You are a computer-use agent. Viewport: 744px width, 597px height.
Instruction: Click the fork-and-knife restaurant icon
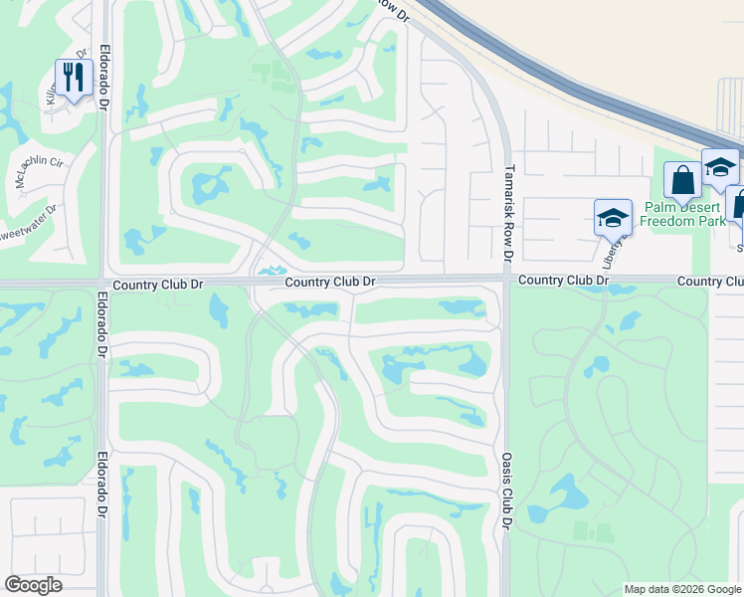[x=74, y=79]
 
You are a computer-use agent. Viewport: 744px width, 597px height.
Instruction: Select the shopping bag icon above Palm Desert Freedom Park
[x=682, y=181]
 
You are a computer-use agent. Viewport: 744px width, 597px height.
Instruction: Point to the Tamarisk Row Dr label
[x=508, y=214]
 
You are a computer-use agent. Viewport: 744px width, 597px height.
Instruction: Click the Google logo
[x=33, y=585]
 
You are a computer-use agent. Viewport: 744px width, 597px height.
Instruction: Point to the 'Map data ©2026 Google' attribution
[x=682, y=589]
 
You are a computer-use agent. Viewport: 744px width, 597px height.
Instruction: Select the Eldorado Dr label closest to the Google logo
[x=102, y=488]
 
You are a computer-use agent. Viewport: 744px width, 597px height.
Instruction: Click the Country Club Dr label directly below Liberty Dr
[x=562, y=282]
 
